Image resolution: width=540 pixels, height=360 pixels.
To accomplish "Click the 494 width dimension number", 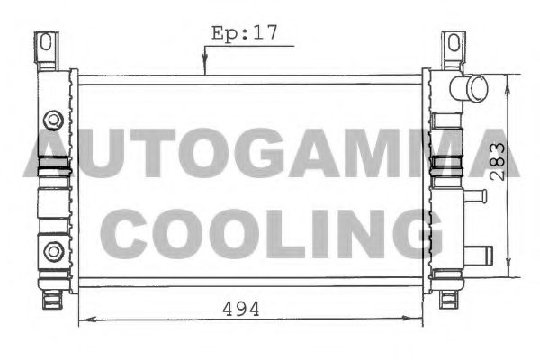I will (x=241, y=309).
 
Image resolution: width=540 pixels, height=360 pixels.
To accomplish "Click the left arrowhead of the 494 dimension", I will (x=85, y=319).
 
